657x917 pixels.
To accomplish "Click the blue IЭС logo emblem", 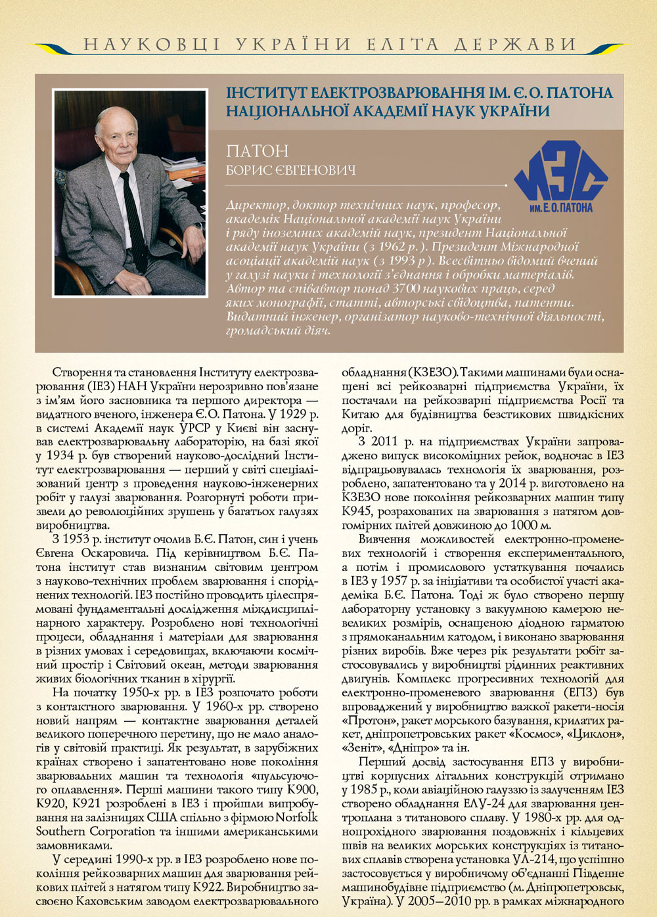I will [560, 177].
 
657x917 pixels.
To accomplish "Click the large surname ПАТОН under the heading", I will [258, 151].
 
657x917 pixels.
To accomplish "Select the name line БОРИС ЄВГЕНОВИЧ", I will [290, 171].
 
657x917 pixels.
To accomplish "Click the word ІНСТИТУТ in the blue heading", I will [266, 93].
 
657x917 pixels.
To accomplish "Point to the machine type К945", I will [356, 511].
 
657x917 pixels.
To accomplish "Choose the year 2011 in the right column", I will [385, 441].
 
